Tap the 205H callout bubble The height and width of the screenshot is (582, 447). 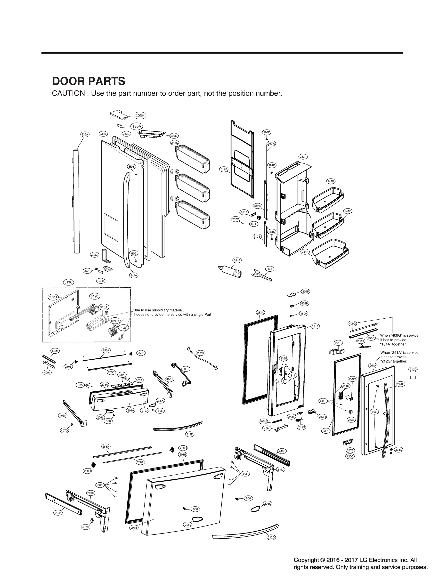point(140,115)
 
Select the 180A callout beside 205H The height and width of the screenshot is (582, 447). point(137,126)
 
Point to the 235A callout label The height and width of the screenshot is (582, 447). point(85,135)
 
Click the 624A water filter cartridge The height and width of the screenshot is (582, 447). point(230,271)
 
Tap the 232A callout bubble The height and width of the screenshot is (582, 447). point(303,157)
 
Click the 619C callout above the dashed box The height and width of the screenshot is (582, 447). point(69,282)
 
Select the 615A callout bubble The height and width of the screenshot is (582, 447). point(104,307)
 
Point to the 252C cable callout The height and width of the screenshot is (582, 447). point(200,353)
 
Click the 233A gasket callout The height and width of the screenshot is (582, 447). point(260,313)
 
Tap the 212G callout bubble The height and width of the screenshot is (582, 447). point(413,370)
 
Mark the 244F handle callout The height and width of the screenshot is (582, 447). point(400,384)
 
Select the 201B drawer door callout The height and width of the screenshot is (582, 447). point(134,527)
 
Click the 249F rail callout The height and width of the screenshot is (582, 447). point(58,513)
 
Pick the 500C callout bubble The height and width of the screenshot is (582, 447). point(174,136)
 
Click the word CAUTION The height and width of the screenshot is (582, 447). point(68,94)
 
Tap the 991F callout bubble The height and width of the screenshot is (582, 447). point(338,343)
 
